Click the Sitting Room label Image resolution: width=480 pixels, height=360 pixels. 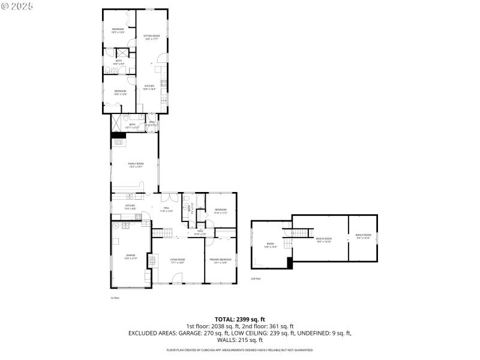[x=151, y=37]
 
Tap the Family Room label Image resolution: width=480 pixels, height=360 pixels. [x=135, y=164]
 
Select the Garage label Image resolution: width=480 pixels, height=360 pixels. [x=130, y=256]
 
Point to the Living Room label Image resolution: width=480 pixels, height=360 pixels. [x=178, y=260]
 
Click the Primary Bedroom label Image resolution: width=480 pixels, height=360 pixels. [x=220, y=260]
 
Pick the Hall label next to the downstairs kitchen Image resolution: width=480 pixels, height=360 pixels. [x=166, y=209]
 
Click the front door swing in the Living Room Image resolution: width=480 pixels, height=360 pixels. [x=178, y=278]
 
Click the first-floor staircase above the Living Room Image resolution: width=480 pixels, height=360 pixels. [x=157, y=232]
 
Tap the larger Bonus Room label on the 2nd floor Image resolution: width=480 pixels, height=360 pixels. [x=324, y=239]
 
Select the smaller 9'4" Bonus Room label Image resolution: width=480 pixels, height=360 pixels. [x=363, y=236]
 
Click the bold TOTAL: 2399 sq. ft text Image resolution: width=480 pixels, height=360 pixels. [x=240, y=319]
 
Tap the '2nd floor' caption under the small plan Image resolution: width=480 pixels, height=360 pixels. [x=256, y=279]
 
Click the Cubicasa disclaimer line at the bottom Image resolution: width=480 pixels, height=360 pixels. [x=240, y=349]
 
